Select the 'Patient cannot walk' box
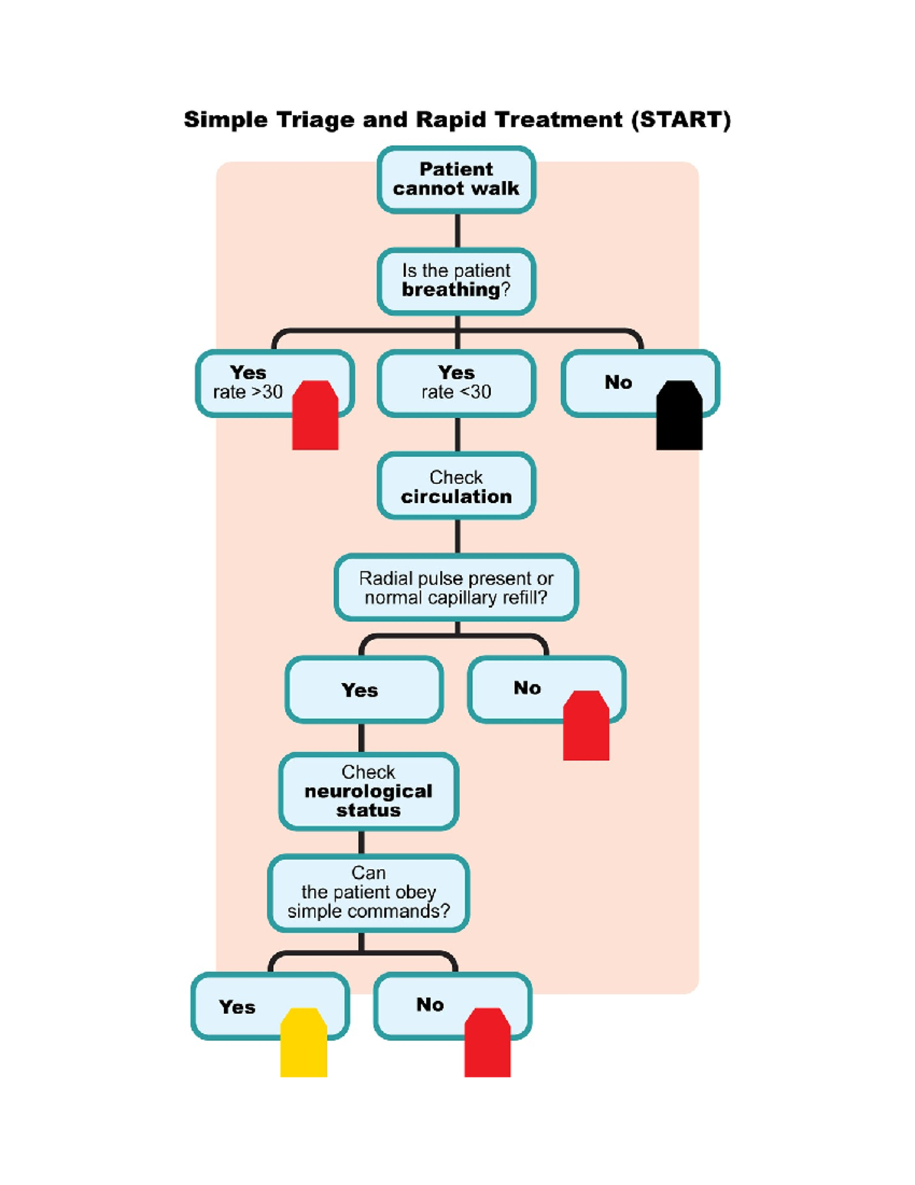pos(456,179)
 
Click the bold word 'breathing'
pos(451,290)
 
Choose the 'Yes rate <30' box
pos(456,382)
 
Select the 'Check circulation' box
pos(456,487)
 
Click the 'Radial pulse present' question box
pos(456,588)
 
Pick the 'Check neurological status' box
pos(368,791)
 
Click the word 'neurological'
pos(368,791)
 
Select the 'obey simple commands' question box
pos(368,893)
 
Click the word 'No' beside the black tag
pos(618,382)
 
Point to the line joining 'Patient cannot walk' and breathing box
pos(457,231)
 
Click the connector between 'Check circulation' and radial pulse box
pos(457,536)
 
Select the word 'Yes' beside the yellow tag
pos(237,1007)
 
